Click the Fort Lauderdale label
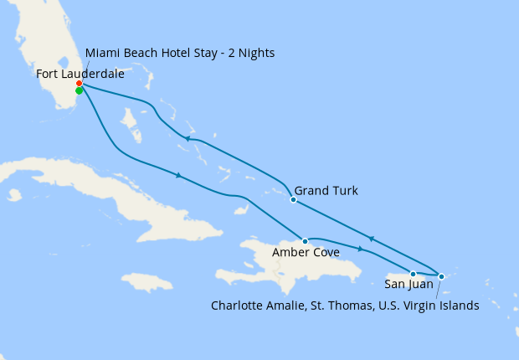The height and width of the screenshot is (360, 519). pyautogui.click(x=80, y=74)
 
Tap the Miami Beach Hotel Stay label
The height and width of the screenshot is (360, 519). pyautogui.click(x=180, y=53)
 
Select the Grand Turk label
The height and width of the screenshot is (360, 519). pyautogui.click(x=326, y=191)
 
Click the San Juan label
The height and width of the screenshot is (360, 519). pyautogui.click(x=409, y=284)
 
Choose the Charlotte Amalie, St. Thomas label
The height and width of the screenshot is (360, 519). pyautogui.click(x=345, y=306)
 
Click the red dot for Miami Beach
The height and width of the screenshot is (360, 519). pyautogui.click(x=79, y=84)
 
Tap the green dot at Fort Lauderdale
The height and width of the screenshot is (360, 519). pyautogui.click(x=79, y=91)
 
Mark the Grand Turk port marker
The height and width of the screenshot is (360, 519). pyautogui.click(x=293, y=199)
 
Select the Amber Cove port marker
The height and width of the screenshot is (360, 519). pyautogui.click(x=305, y=241)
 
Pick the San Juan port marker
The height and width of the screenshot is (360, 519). pyautogui.click(x=413, y=274)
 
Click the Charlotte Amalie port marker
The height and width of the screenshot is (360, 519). pyautogui.click(x=441, y=275)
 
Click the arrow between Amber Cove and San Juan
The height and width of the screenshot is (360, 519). pyautogui.click(x=360, y=249)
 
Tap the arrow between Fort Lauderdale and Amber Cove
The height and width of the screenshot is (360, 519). pyautogui.click(x=177, y=175)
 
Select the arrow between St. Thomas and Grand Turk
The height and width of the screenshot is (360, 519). pyautogui.click(x=370, y=239)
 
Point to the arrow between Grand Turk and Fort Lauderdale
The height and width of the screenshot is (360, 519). pyautogui.click(x=190, y=139)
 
